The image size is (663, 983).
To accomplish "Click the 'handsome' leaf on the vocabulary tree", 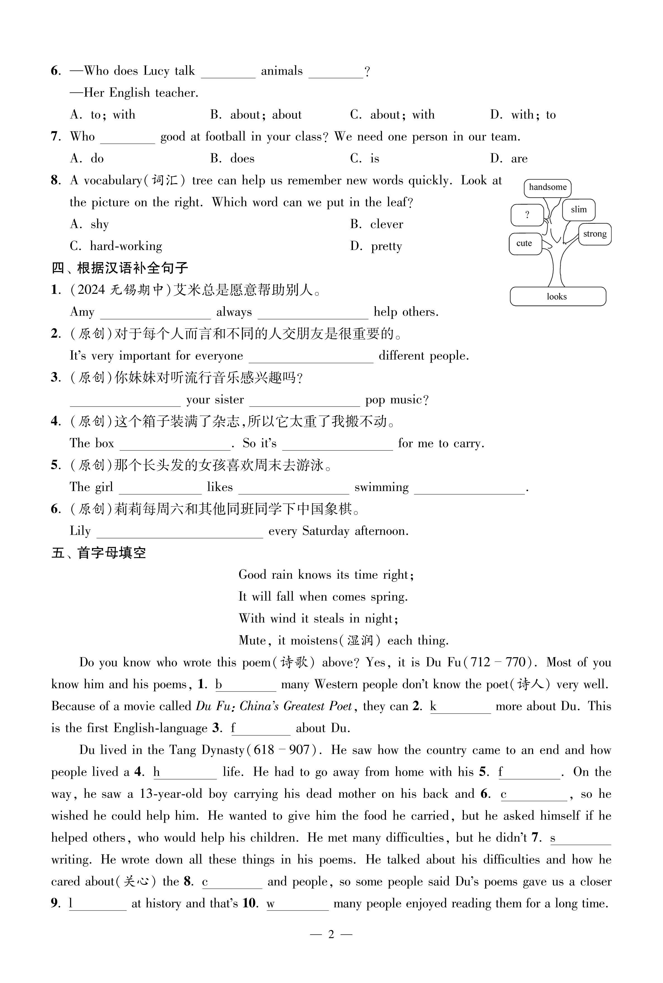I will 548,188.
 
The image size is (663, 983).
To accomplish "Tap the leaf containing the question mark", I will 527,215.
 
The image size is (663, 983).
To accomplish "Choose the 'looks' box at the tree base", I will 557,296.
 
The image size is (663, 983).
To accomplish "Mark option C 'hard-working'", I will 116,246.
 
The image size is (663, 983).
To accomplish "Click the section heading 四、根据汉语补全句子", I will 120,268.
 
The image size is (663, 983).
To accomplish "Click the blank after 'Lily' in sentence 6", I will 180,532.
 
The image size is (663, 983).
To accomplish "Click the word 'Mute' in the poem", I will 253,641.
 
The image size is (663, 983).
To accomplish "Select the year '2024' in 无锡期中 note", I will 91,290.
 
